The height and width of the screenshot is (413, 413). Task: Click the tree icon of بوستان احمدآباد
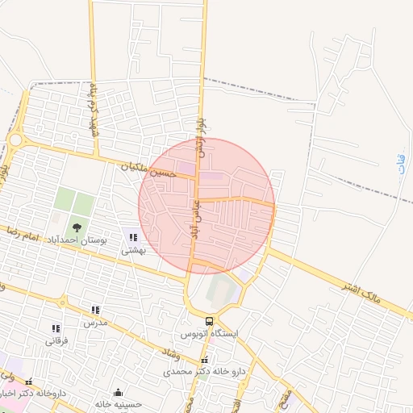coord(77,228)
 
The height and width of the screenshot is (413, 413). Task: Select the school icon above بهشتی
coord(133,237)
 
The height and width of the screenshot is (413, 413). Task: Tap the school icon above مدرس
coord(95,310)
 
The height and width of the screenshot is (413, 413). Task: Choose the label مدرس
coord(95,322)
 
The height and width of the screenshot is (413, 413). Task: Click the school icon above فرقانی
coord(56,328)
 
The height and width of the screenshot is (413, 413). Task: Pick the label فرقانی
coord(56,340)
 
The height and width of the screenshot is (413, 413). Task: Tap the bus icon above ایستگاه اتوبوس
coord(210,321)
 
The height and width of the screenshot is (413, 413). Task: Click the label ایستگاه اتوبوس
coord(208,333)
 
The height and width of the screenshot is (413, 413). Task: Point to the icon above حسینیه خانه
coord(118,392)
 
